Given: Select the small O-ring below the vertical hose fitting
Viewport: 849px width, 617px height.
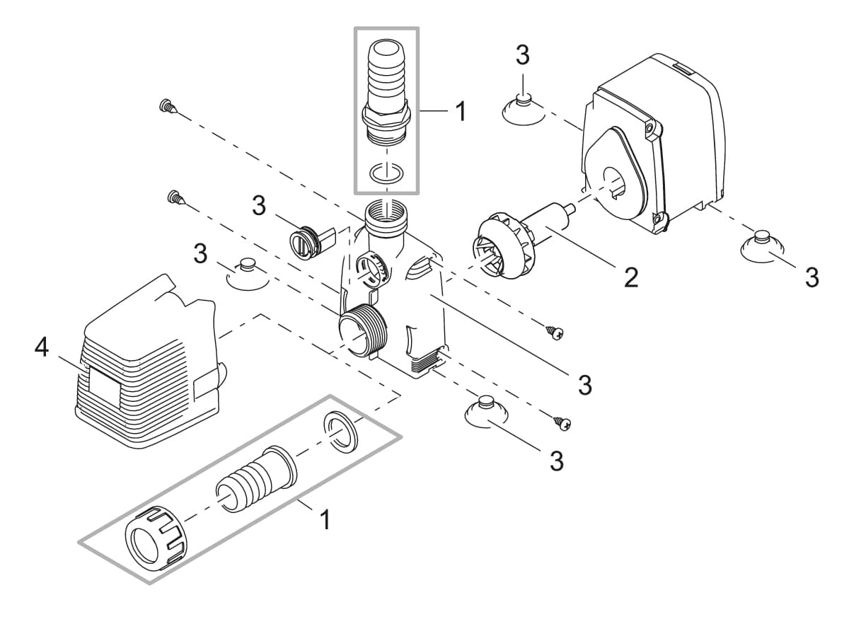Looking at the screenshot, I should (x=386, y=172).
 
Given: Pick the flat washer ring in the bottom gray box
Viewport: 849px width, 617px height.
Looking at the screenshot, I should (x=342, y=432).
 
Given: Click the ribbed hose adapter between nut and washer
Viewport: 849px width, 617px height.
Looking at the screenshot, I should (x=255, y=480).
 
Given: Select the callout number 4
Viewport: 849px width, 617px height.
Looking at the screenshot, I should (x=42, y=348).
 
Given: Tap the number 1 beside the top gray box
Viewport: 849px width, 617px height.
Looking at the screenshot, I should (x=461, y=111).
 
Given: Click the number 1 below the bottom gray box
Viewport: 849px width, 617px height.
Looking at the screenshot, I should (x=325, y=520).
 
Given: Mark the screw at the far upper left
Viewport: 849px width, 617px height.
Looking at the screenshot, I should (x=167, y=107).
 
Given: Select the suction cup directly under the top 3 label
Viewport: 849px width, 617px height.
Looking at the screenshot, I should (x=523, y=107).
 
